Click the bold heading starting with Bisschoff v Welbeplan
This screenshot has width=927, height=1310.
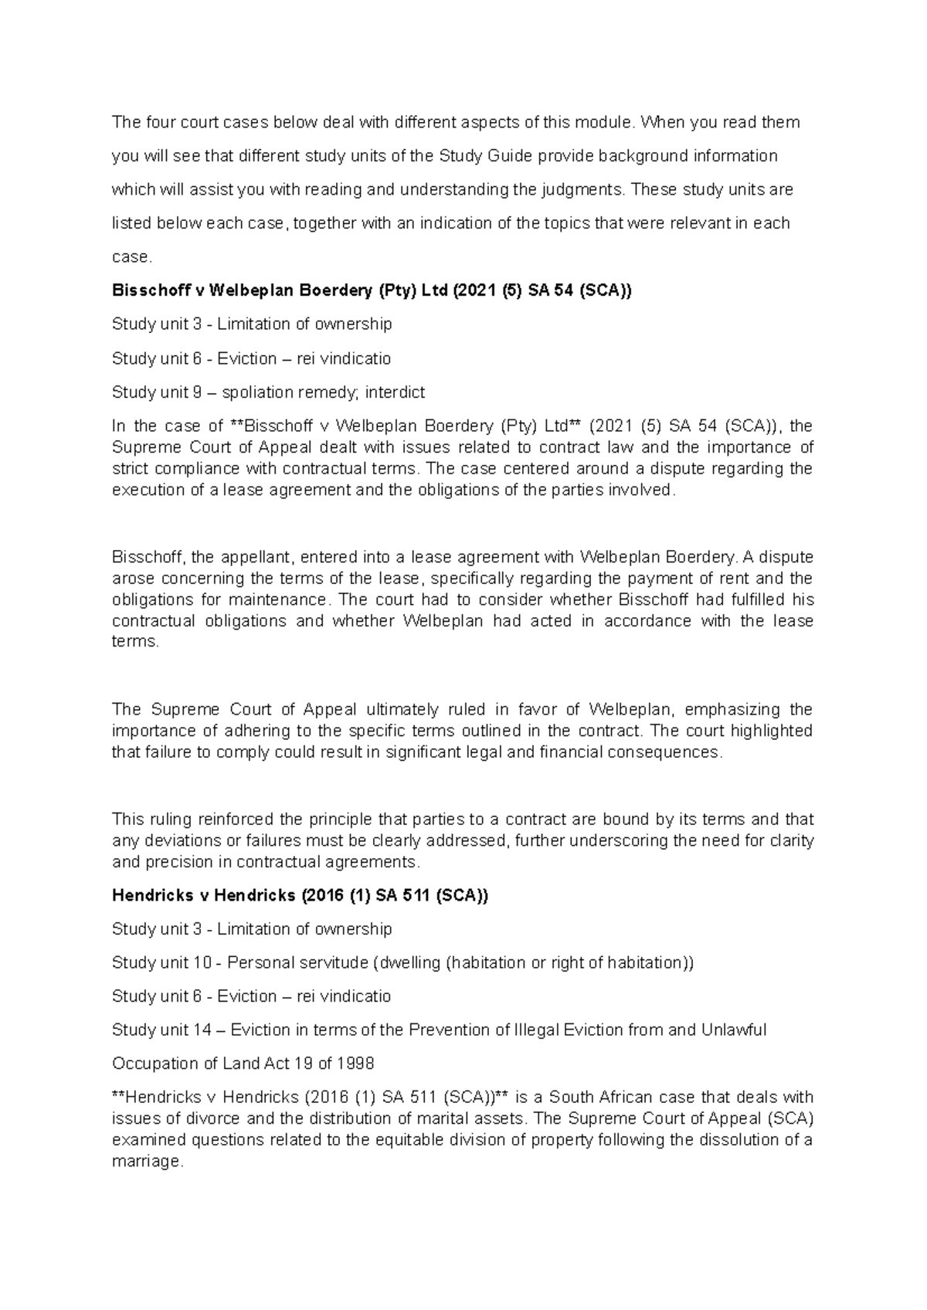click(371, 290)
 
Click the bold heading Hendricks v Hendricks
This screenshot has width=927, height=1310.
click(300, 895)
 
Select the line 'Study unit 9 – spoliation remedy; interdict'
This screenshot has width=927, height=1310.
click(268, 392)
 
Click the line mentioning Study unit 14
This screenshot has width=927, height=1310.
click(439, 1030)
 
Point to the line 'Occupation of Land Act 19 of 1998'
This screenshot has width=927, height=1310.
click(243, 1064)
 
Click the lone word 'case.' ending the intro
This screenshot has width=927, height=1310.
click(130, 257)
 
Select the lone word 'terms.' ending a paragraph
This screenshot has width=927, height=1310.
click(135, 642)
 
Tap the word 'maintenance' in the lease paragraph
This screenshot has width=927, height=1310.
click(283, 599)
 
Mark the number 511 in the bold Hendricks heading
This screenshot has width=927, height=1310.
click(416, 895)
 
